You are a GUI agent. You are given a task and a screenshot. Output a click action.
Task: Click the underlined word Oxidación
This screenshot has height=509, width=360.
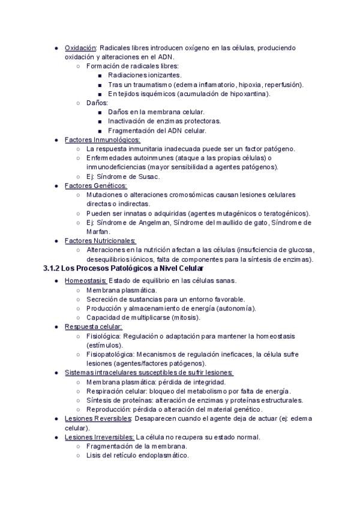[x=80, y=47]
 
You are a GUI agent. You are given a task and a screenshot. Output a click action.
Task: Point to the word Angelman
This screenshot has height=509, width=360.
[x=146, y=223]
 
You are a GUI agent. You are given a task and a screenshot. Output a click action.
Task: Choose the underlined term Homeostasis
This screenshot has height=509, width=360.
[x=86, y=280]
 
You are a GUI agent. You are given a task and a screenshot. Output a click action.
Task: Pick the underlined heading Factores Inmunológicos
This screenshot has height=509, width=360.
[x=102, y=139]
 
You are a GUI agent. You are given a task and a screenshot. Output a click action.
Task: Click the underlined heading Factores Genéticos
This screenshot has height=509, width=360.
[x=95, y=185]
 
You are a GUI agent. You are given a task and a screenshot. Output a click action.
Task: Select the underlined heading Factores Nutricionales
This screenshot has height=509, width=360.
[x=100, y=241]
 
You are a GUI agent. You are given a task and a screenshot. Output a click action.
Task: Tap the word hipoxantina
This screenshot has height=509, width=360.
[x=248, y=94]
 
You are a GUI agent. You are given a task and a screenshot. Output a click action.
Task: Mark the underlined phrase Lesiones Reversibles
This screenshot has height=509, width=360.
[x=98, y=418]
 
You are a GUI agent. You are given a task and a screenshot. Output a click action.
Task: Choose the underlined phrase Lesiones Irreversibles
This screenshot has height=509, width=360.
[x=100, y=437]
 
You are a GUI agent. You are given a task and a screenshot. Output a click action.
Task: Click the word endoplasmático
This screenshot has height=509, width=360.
[x=159, y=456]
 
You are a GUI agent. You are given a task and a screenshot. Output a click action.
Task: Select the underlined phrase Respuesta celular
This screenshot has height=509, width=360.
[x=93, y=327]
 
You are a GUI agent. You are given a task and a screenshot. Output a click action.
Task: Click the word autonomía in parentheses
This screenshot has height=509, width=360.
[x=235, y=309]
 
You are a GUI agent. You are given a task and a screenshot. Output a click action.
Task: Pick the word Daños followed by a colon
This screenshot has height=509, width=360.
[x=97, y=103]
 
